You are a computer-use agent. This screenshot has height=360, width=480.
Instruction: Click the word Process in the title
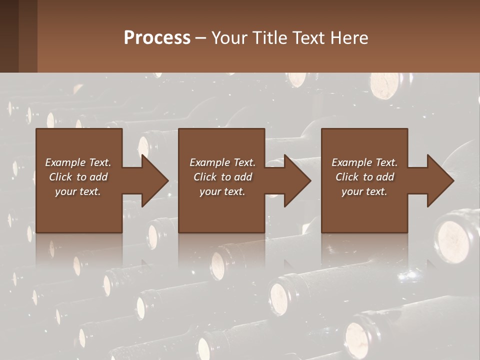click(157, 38)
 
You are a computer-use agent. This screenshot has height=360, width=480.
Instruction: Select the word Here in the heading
click(349, 38)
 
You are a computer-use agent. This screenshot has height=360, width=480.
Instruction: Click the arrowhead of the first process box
click(155, 180)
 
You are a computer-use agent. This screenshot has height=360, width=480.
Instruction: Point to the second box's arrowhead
click(298, 180)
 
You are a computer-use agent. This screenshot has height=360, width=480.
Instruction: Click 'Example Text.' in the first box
click(78, 162)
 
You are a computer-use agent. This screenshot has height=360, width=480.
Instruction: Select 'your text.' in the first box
click(78, 191)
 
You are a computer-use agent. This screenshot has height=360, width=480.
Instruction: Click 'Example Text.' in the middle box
click(222, 162)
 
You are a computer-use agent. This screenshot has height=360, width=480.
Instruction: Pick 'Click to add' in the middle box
click(222, 177)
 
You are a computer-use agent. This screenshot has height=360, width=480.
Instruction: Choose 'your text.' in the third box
click(364, 191)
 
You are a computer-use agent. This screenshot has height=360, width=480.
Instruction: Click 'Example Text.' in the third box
click(364, 162)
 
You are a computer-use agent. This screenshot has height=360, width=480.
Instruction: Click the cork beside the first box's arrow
click(144, 146)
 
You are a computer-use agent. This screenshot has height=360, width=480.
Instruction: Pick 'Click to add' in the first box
click(78, 177)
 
